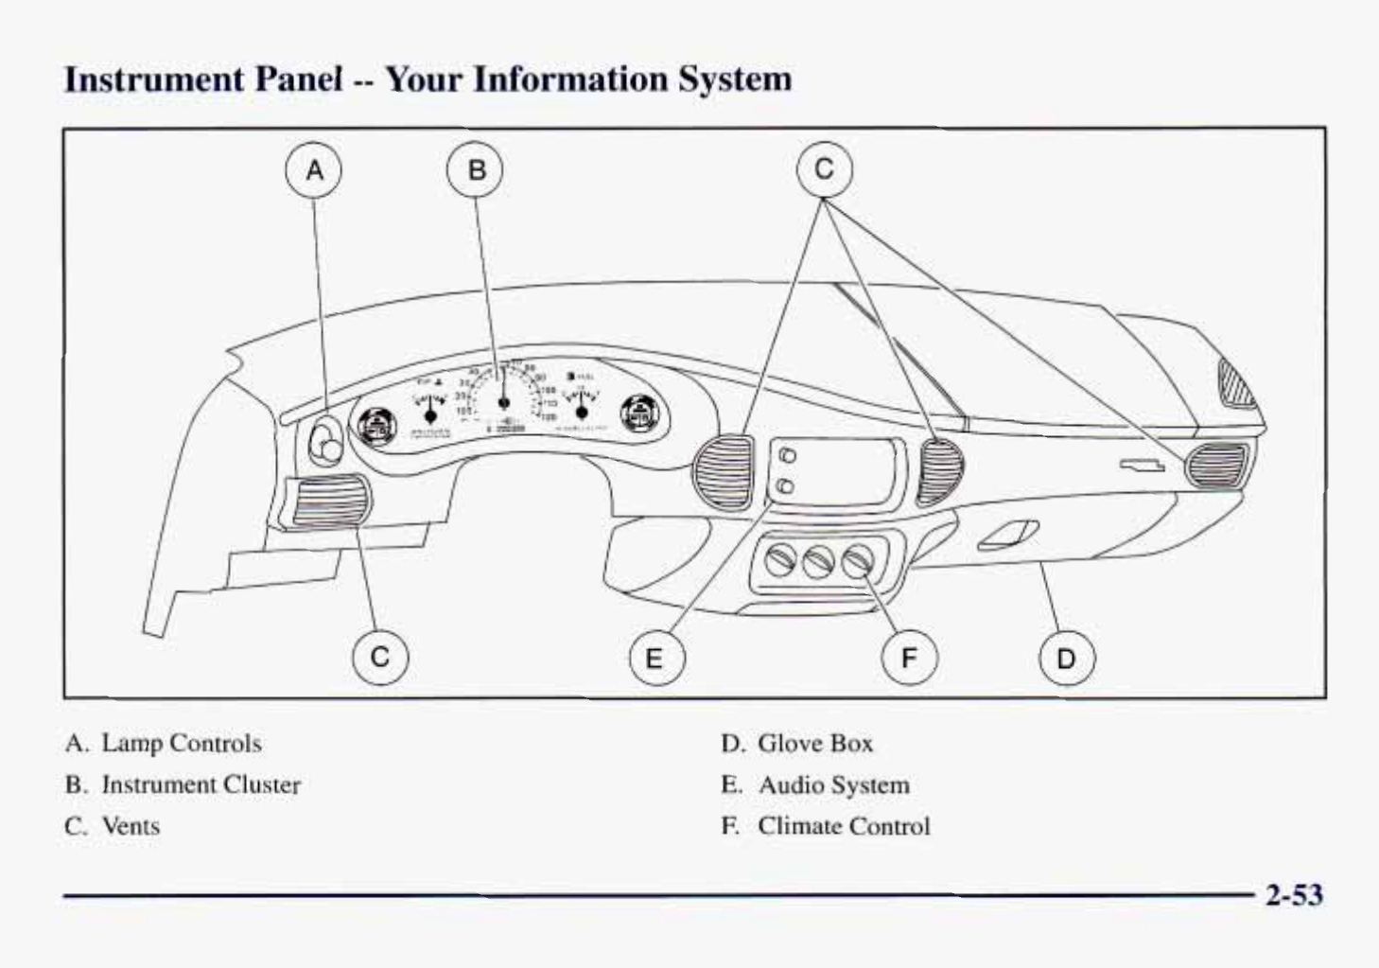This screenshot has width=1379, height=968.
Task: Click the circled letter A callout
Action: pyautogui.click(x=314, y=170)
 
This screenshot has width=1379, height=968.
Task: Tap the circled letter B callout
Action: pyautogui.click(x=476, y=170)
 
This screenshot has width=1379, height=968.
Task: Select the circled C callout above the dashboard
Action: pyautogui.click(x=824, y=170)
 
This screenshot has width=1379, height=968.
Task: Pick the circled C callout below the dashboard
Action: pyautogui.click(x=380, y=657)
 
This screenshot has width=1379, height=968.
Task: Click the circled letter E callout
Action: pyautogui.click(x=656, y=659)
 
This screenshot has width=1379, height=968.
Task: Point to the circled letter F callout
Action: pyautogui.click(x=909, y=659)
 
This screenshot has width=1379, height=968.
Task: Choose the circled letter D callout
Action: pyautogui.click(x=1067, y=659)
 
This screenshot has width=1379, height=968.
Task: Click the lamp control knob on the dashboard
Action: pyautogui.click(x=326, y=441)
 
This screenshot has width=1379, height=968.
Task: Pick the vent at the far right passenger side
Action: pyautogui.click(x=1218, y=465)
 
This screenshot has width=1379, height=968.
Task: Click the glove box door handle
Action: pyautogui.click(x=1008, y=535)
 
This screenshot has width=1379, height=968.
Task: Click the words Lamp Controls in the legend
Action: pyautogui.click(x=181, y=744)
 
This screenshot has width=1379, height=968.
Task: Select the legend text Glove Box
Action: pyautogui.click(x=814, y=744)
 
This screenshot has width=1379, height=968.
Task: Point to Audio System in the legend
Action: pyautogui.click(x=833, y=785)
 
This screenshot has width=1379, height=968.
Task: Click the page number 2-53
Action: pyautogui.click(x=1294, y=895)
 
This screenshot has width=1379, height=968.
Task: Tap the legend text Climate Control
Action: pyautogui.click(x=844, y=827)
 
